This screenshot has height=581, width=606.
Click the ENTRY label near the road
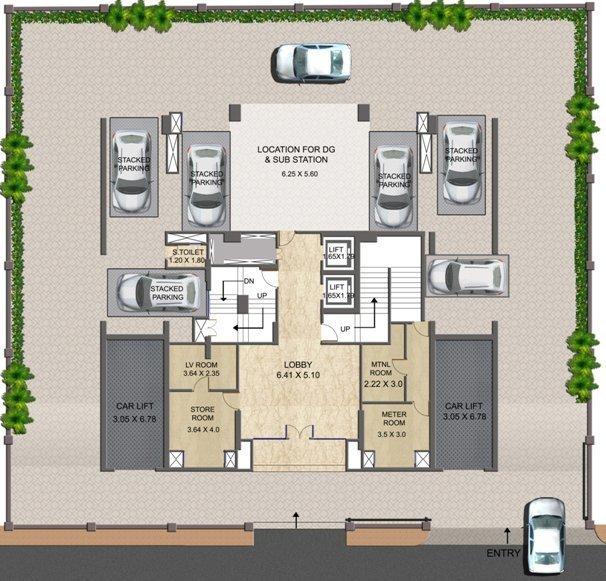click(503, 553)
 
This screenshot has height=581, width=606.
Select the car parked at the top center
click(311, 61)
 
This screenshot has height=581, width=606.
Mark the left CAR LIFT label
click(132, 408)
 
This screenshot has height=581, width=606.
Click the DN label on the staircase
click(247, 282)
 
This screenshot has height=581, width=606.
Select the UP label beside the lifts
click(345, 328)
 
